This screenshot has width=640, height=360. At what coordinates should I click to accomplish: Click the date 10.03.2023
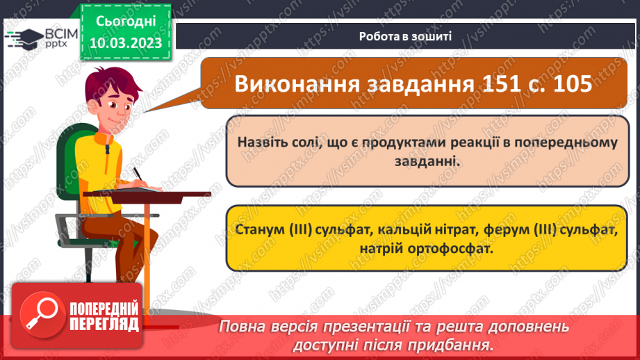tap(126, 43)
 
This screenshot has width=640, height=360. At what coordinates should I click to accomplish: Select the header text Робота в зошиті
tap(407, 36)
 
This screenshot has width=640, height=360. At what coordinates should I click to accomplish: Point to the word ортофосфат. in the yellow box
tap(456, 248)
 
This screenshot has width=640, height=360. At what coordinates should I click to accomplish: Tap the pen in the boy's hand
tap(138, 173)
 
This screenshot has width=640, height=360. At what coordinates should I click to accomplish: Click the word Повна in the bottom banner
tap(245, 327)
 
